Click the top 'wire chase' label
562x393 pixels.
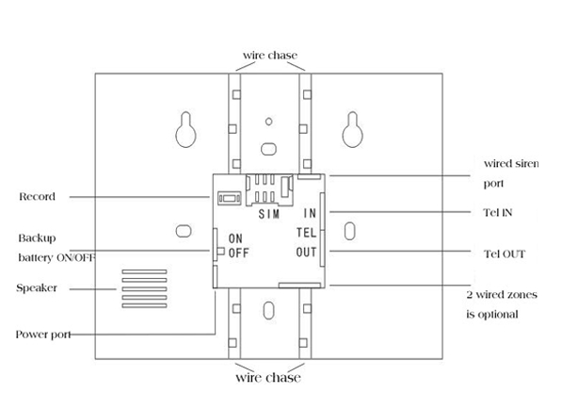pos(270,56)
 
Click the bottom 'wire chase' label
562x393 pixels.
pos(268,378)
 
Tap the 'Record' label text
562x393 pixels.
pos(37,197)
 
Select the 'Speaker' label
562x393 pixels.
pos(37,287)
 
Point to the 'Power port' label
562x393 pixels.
pos(43,335)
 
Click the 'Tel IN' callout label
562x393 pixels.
pos(498,212)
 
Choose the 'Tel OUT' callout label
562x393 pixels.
pos(505,254)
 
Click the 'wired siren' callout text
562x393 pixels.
pos(511,164)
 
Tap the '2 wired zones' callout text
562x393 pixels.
pos(502,295)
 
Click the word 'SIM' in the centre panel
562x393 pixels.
pos(269,214)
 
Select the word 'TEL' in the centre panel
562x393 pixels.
pos(307,233)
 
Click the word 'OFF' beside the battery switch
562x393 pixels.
pos(238,253)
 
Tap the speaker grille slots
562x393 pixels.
pos(144,288)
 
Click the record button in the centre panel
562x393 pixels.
pos(230,198)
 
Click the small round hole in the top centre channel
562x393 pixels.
pos(269,122)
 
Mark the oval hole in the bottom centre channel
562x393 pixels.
pos(269,310)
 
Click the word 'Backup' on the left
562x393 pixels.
pos(37,238)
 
